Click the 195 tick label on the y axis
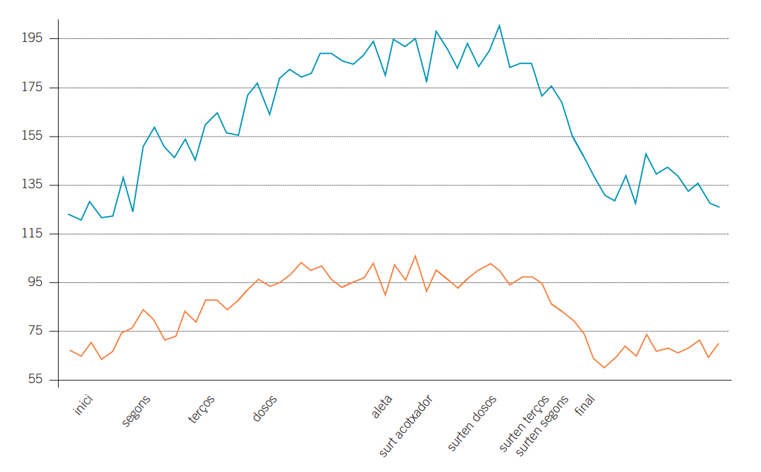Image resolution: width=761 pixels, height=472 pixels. coord(35,38)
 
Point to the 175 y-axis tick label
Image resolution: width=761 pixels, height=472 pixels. coord(35,87)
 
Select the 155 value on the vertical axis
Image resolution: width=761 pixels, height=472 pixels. coord(35,136)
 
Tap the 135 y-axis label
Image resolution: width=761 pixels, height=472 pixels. coord(35,185)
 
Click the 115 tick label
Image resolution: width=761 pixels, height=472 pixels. coord(35,234)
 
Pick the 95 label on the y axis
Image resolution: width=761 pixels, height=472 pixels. coord(37,282)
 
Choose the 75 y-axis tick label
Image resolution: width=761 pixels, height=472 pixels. coord(37,332)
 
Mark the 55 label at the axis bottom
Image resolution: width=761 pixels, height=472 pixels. coord(37,380)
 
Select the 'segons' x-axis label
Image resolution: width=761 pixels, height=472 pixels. coord(136,410)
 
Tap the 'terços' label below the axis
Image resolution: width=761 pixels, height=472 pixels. coord(201,409)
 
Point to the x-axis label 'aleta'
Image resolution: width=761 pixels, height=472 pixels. coord(382,406)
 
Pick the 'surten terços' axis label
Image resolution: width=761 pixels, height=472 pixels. coord(524,423)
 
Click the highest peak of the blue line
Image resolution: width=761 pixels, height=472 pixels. coord(499,26)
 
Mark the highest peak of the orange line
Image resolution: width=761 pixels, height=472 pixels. coord(415,256)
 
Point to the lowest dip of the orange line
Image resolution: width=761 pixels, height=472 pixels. coord(604,368)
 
